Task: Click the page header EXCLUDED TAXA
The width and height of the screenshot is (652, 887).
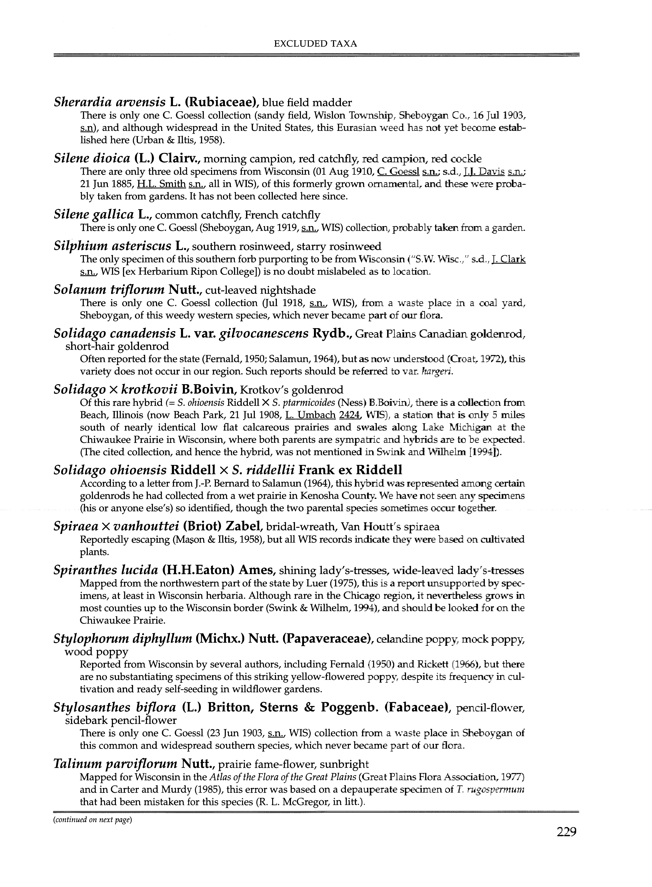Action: tap(315, 44)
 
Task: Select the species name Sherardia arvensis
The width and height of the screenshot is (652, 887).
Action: tap(109, 102)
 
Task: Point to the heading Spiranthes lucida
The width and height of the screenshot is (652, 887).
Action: tap(105, 570)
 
